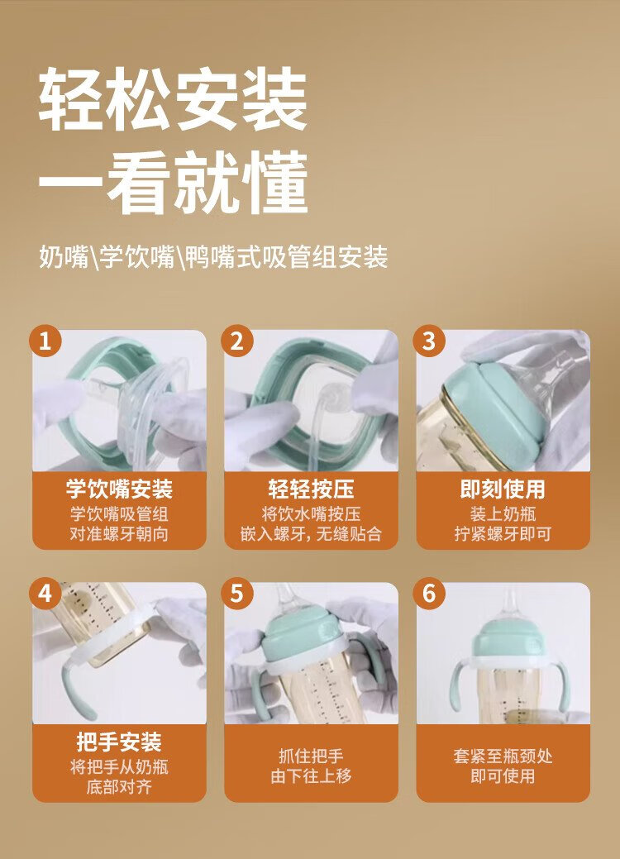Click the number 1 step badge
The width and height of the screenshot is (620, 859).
click(x=45, y=341)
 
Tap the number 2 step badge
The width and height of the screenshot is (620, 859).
click(x=237, y=341)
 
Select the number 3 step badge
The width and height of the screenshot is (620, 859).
click(x=429, y=341)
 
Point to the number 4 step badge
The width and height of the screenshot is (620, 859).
click(x=45, y=594)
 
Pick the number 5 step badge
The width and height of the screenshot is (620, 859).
click(x=237, y=594)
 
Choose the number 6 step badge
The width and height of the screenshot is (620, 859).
click(x=429, y=594)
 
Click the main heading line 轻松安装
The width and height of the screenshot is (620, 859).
click(x=173, y=99)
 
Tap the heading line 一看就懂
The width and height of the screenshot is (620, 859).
click(x=173, y=183)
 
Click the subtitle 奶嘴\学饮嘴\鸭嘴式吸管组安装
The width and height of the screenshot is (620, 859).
click(x=213, y=257)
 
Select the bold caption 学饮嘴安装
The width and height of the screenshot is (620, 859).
click(x=119, y=489)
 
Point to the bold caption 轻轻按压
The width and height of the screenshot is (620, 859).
click(x=311, y=489)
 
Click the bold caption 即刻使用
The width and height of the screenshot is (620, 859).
click(x=503, y=489)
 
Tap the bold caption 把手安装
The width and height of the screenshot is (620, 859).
click(x=119, y=742)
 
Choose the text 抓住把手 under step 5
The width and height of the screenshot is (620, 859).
click(x=311, y=756)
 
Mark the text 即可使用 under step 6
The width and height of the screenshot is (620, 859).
click(x=503, y=776)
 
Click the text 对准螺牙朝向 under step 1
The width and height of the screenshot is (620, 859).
click(x=119, y=533)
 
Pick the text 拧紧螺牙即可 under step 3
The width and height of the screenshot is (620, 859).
click(x=503, y=533)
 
